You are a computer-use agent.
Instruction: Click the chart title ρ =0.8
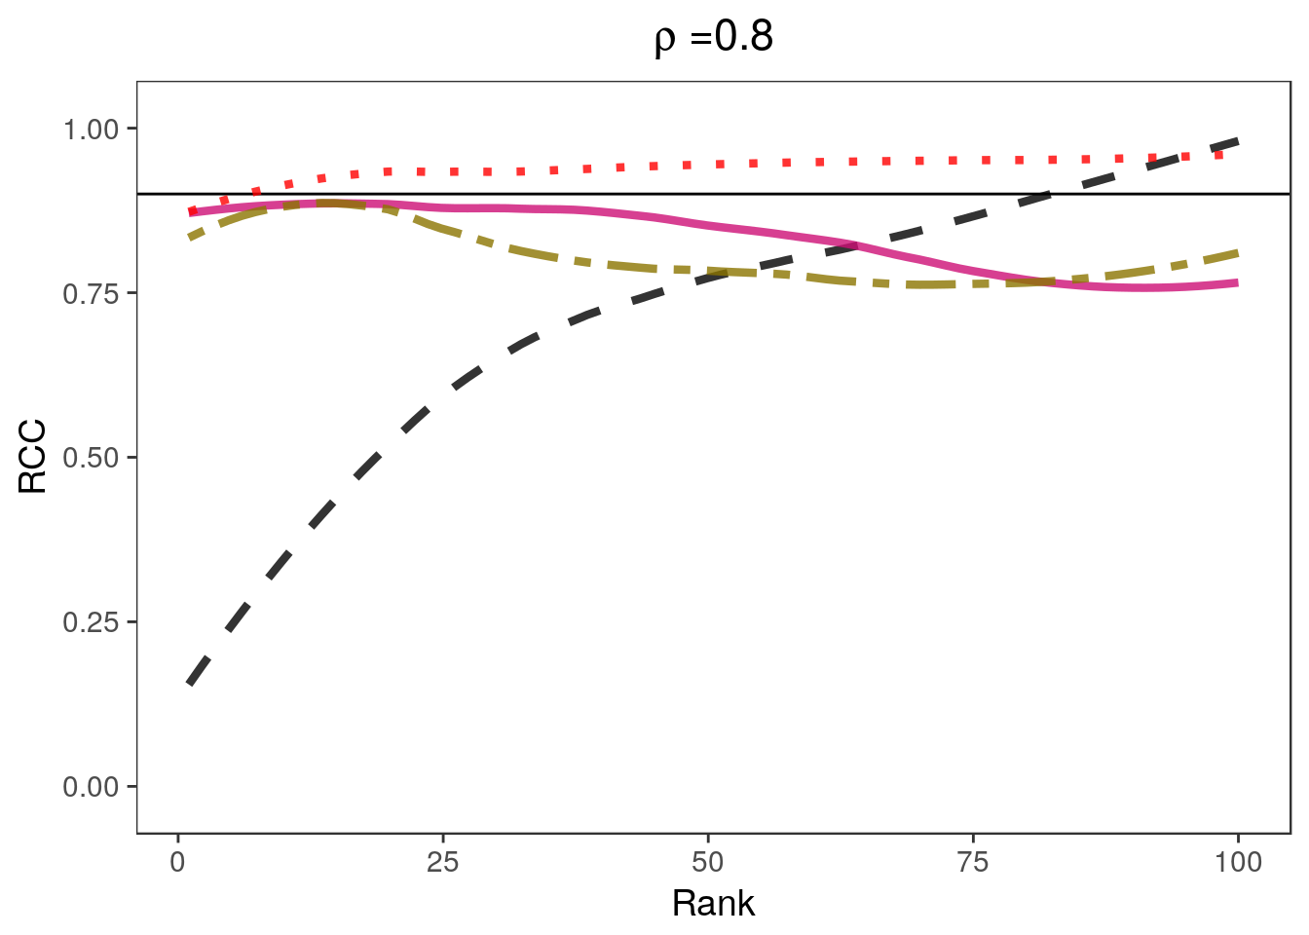(714, 38)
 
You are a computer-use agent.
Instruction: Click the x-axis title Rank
(713, 904)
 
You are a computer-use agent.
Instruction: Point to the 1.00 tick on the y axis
(90, 129)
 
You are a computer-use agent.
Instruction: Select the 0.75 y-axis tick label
(90, 293)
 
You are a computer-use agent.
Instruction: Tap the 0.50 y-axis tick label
(90, 457)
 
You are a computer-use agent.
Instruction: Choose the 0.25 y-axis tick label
(90, 621)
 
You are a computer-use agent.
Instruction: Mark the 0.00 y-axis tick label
(90, 786)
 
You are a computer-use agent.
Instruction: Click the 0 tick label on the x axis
(177, 862)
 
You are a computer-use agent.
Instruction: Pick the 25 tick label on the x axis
(442, 862)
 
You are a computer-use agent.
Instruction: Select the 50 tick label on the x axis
(708, 862)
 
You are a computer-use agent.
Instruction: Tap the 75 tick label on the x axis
(973, 862)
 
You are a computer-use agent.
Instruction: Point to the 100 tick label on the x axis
(1238, 862)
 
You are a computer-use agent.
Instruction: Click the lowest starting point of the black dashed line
(189, 684)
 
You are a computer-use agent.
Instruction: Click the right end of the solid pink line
(1237, 283)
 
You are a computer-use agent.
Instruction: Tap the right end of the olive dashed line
(1237, 253)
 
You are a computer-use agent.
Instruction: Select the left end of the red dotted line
(191, 211)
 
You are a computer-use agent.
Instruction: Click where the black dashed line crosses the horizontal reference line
(1052, 194)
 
